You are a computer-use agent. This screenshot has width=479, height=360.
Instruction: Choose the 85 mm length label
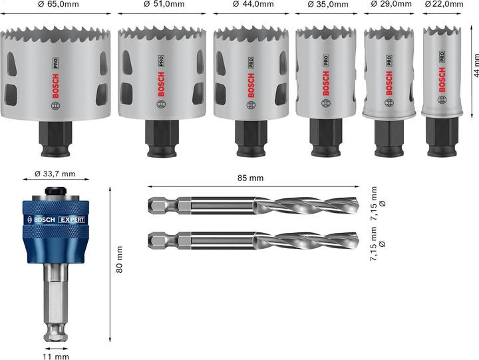tap(250, 178)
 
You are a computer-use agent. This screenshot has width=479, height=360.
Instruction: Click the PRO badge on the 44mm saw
tap(251, 65)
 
